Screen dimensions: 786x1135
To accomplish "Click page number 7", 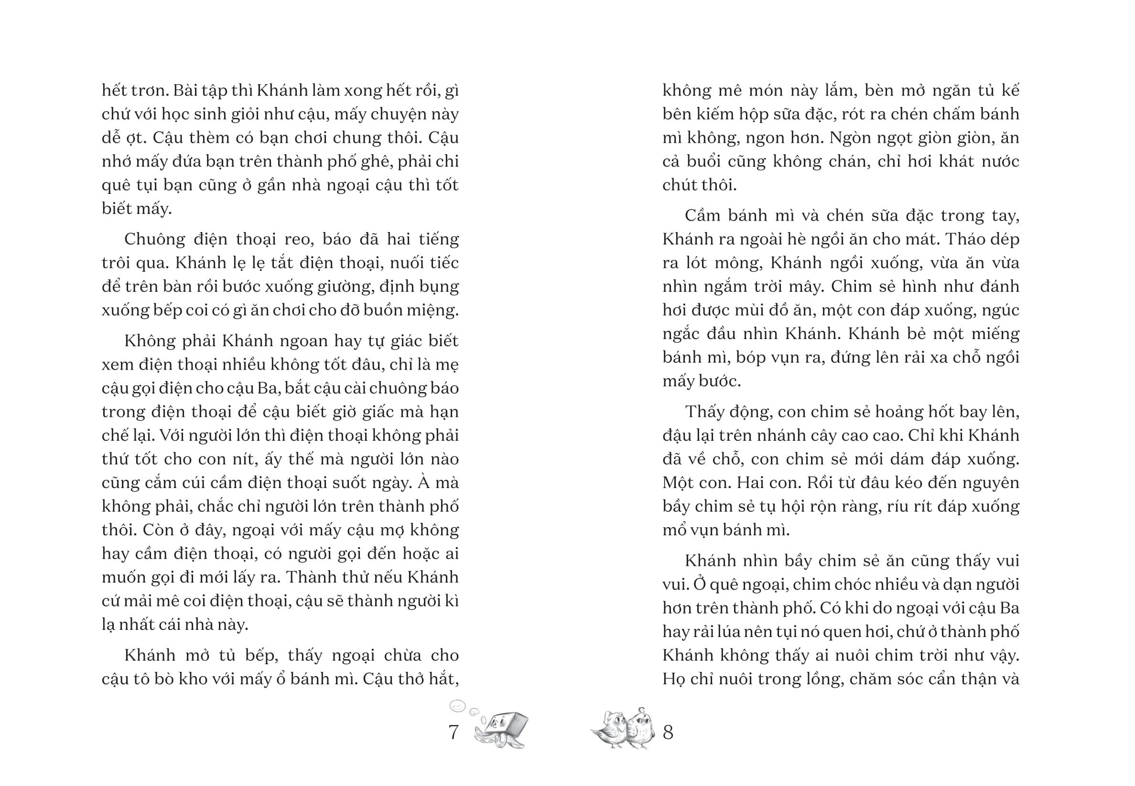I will pos(454,733).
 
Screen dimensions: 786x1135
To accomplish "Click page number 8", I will pos(668,733).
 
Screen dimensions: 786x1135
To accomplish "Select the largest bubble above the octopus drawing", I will pos(457,706).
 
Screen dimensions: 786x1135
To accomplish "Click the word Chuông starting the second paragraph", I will pos(155,239).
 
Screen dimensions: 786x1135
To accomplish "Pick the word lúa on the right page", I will pos(747,632).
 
